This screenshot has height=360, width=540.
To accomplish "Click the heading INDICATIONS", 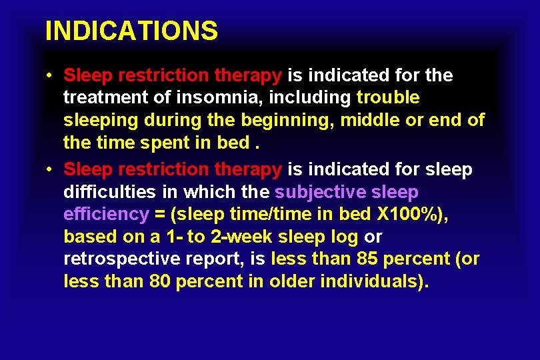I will tap(131, 31).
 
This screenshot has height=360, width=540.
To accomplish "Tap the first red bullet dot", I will tap(51, 75).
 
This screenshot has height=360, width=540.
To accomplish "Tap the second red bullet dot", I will tap(51, 169).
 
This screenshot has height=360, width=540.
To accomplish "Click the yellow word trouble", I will tap(388, 97).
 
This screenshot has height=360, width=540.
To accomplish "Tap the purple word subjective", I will tap(320, 192).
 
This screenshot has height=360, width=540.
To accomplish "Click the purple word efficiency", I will tap(106, 214).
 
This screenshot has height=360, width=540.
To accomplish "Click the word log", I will tap(345, 237).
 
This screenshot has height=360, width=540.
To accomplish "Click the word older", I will tap(291, 281).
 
